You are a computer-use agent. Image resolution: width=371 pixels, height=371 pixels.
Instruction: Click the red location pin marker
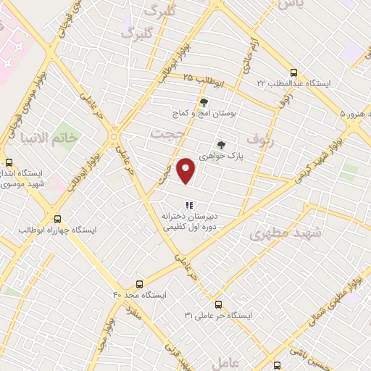coord(187,170)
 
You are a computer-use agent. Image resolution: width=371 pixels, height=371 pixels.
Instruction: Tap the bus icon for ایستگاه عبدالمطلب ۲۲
coord(293,72)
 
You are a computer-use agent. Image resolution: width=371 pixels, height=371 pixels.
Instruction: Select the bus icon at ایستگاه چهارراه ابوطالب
coord(57,219)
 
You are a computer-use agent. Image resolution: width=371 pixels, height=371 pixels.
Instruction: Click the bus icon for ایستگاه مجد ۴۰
coord(139,284)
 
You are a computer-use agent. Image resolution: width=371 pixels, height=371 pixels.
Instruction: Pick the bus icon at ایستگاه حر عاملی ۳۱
coord(219,304)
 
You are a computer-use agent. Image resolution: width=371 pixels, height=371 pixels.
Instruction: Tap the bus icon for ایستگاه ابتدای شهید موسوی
coord(9,163)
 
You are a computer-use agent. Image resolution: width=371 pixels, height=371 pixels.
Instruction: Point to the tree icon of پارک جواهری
coord(221,144)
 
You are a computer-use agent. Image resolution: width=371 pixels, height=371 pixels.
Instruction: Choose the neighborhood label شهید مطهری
coord(279,233)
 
